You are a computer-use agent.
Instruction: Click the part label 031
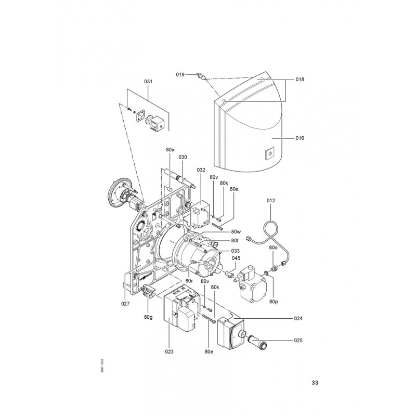[x=148, y=82]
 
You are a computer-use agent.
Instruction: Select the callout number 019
[x=180, y=74]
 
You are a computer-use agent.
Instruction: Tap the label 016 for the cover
[x=300, y=138]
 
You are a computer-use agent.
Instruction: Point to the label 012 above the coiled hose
[x=271, y=201]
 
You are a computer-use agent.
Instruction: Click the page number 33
[x=315, y=383]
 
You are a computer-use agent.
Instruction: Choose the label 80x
[x=171, y=150]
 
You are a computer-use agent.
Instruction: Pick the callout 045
[x=236, y=258]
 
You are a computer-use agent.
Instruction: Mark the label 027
[x=125, y=304]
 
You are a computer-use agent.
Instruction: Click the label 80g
[x=148, y=317]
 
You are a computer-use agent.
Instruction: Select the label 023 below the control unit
[x=169, y=352]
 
